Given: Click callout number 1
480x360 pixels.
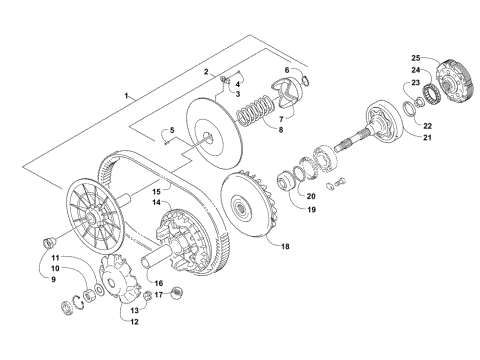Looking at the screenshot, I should coord(127,95).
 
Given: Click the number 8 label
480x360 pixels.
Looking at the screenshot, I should coord(281,129).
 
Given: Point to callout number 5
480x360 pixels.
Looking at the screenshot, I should coord(171,131).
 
